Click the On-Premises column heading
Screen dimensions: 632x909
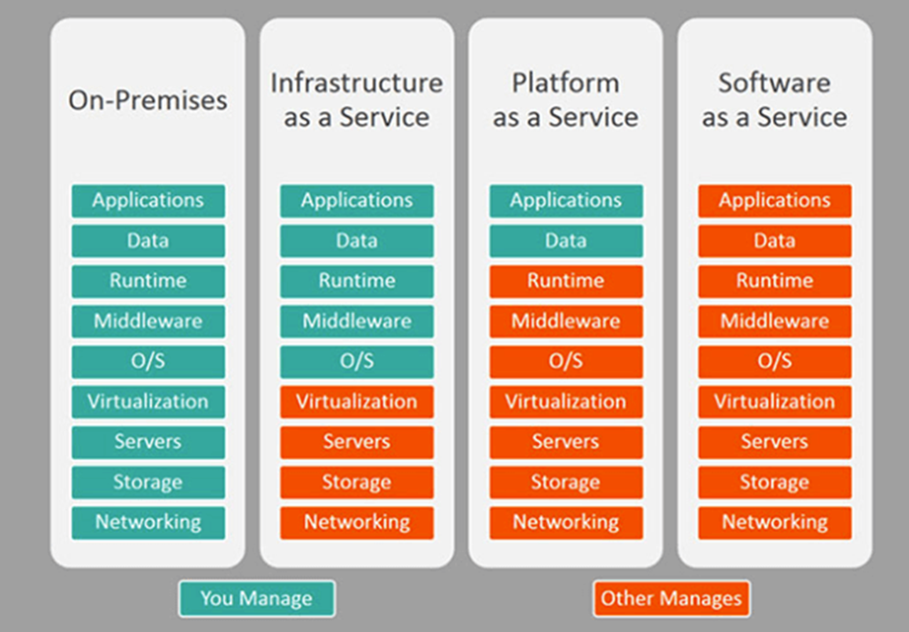(148, 100)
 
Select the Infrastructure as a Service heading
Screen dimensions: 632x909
(357, 100)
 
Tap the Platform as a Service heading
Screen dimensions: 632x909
(565, 100)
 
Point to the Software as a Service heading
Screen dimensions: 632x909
(775, 100)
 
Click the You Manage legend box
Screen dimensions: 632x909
(256, 598)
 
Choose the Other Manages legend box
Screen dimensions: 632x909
(671, 598)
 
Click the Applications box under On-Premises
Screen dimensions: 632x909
(148, 200)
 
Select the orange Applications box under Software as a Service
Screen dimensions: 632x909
(775, 200)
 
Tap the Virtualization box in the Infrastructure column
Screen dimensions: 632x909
(357, 402)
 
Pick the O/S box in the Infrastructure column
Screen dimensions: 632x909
(357, 361)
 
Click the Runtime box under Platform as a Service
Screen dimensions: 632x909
(565, 281)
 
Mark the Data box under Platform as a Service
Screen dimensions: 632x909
(565, 240)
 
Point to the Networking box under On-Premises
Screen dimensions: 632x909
(148, 522)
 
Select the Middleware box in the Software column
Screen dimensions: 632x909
(775, 321)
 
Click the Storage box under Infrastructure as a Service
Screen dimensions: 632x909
(357, 482)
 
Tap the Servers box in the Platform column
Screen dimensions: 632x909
(565, 441)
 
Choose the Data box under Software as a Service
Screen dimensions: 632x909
(775, 240)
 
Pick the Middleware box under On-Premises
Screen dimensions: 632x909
(148, 321)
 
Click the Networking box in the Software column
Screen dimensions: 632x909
(775, 522)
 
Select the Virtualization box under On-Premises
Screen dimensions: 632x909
(148, 402)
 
